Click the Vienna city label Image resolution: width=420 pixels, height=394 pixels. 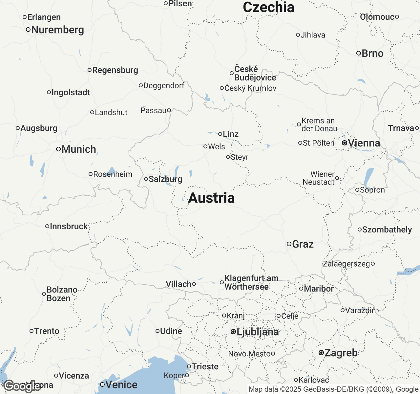364,143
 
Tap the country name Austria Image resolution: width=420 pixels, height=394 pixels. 211,198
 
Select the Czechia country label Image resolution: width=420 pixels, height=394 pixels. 268,7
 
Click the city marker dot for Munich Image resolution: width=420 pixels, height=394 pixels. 58,149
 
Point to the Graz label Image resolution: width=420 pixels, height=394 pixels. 303,244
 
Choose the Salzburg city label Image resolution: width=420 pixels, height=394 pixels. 165,179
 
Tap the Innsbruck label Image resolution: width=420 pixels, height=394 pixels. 69,226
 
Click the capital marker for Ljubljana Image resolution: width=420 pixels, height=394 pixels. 233,332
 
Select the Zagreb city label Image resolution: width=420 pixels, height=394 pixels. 341,353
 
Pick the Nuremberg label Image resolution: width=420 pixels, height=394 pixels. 58,30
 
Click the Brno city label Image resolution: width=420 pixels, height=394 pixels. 372,54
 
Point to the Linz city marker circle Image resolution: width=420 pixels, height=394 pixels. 220,134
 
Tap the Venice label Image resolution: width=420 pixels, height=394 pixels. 121,384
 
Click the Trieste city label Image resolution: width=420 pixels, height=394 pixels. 205,366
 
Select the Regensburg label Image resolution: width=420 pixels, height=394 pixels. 115,70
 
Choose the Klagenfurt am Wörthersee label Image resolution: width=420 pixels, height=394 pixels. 251,282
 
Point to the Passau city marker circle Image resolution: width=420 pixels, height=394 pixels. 169,110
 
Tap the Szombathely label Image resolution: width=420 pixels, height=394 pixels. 387,230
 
